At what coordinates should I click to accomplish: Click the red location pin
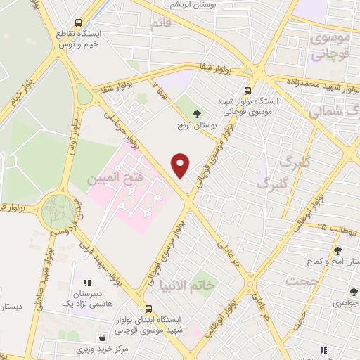(181, 165)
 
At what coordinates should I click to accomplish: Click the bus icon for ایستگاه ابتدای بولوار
(148, 308)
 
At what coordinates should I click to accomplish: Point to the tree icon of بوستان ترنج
(197, 112)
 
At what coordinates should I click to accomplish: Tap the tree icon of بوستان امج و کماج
(338, 250)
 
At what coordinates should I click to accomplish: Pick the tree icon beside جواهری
(354, 292)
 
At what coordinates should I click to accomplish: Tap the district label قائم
(160, 24)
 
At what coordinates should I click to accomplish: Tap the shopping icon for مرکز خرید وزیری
(103, 338)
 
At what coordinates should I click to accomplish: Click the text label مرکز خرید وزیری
(83, 349)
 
